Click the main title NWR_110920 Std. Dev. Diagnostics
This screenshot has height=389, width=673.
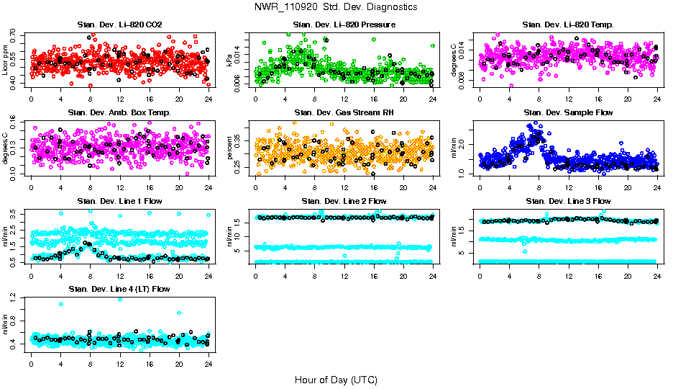336,7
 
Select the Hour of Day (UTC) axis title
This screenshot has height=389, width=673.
336,379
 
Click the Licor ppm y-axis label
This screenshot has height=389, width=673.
6,60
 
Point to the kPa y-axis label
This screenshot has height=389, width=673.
231,60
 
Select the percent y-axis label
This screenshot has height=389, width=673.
231,148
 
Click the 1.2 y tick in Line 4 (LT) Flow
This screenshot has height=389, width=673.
15,298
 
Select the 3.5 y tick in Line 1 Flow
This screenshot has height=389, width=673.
15,214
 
